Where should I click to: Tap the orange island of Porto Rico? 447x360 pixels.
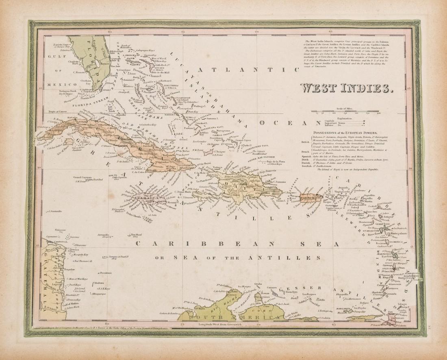311,197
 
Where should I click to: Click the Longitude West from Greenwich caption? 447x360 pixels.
222,324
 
